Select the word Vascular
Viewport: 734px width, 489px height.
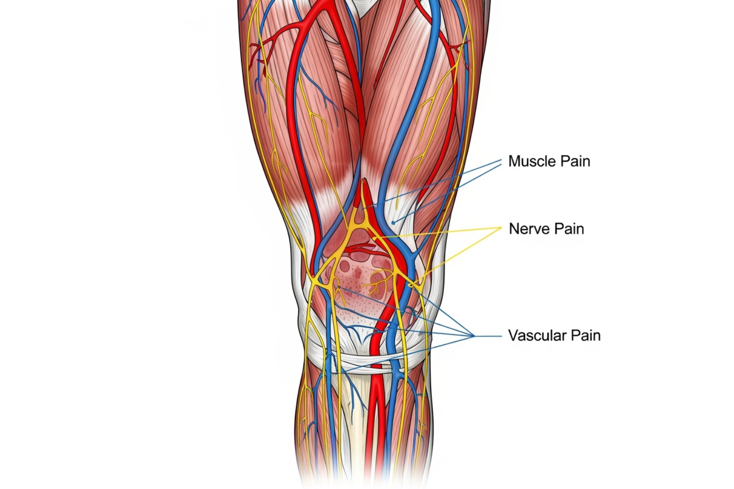(x=536, y=335)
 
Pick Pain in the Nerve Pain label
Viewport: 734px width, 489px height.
(x=569, y=229)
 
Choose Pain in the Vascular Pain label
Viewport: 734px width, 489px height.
(x=585, y=335)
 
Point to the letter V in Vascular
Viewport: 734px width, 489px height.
(x=512, y=335)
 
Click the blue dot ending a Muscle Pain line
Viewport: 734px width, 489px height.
(x=393, y=222)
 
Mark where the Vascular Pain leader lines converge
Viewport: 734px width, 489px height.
(x=474, y=336)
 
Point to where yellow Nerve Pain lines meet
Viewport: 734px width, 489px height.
(x=501, y=228)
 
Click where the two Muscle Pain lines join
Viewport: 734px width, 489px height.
(x=501, y=160)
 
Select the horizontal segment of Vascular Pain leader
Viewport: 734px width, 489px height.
(x=487, y=336)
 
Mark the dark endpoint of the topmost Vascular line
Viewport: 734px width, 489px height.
(x=338, y=287)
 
